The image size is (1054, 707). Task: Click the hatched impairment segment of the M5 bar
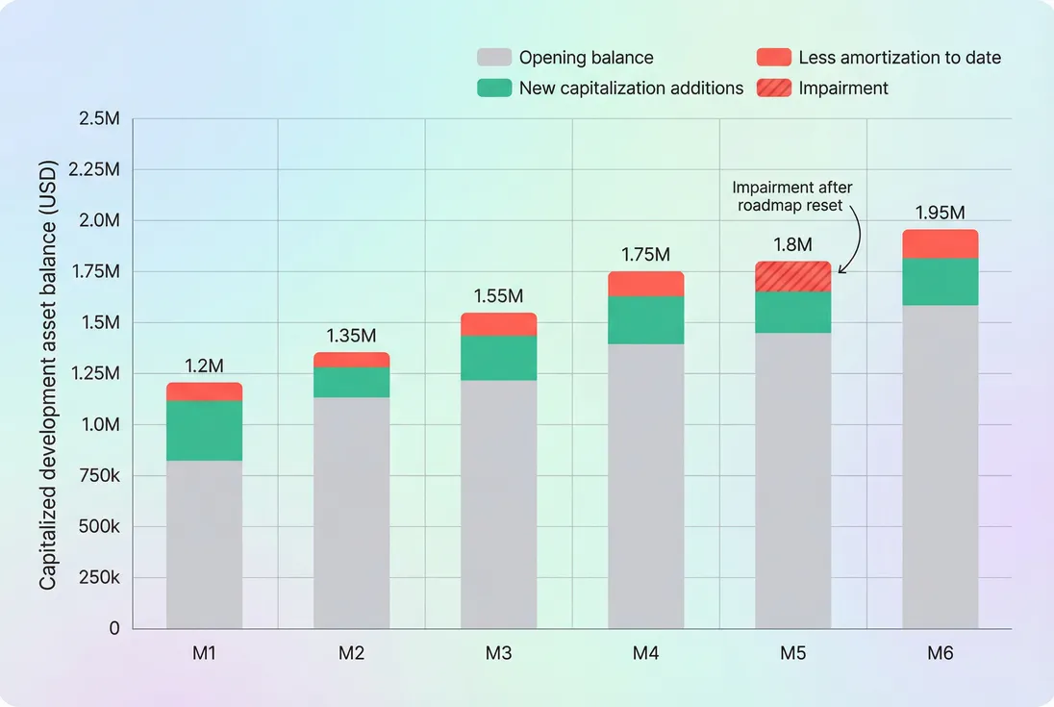click(792, 277)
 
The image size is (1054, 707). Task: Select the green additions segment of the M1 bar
click(204, 431)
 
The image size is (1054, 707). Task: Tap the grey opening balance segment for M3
click(498, 504)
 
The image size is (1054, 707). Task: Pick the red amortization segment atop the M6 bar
click(940, 244)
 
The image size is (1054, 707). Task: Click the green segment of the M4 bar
click(645, 320)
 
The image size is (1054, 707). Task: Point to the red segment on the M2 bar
click(351, 360)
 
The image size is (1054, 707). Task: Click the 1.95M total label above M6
click(940, 213)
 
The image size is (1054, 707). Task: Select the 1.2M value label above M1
click(204, 366)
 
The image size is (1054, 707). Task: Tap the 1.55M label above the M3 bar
click(498, 296)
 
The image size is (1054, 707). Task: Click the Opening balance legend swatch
click(493, 58)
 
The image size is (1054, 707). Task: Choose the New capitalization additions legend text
click(631, 88)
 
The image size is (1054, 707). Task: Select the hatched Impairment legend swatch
click(773, 88)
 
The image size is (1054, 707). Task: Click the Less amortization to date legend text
click(899, 58)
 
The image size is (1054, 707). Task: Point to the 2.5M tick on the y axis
click(99, 118)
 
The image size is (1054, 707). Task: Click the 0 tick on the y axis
click(114, 629)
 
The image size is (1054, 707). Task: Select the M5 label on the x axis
click(792, 654)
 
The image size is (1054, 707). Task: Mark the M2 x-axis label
click(351, 654)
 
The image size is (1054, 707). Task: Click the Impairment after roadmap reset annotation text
click(792, 195)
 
